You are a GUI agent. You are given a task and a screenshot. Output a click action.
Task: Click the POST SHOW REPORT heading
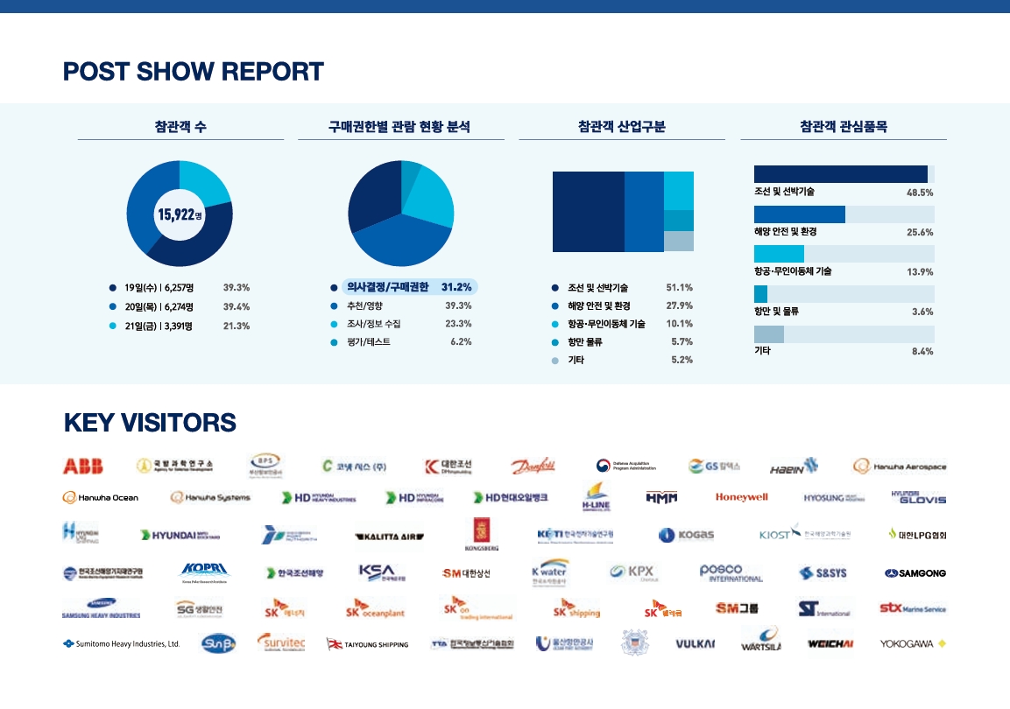click(x=194, y=71)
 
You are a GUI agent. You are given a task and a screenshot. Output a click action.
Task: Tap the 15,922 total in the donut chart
click(x=179, y=214)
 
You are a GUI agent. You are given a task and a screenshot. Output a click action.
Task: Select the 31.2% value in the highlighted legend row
click(x=456, y=286)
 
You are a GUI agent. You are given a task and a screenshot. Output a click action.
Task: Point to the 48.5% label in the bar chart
click(x=920, y=193)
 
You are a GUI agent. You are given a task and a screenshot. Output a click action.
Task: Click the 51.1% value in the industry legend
click(x=680, y=287)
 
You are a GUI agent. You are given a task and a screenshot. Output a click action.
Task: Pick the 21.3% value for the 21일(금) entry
click(x=237, y=326)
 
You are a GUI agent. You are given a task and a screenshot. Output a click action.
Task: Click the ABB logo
click(x=83, y=466)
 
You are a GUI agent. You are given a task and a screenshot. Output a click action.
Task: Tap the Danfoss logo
click(x=533, y=466)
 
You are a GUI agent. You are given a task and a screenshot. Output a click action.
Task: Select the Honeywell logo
click(x=741, y=497)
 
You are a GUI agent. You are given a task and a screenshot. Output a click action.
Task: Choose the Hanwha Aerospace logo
click(x=900, y=467)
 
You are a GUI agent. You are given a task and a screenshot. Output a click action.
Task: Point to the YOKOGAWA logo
click(x=913, y=643)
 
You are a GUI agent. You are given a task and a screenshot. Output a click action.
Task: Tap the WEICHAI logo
click(x=830, y=643)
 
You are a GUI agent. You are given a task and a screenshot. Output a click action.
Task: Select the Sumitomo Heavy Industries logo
click(x=121, y=643)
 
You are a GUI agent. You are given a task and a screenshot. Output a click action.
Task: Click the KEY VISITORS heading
click(x=150, y=423)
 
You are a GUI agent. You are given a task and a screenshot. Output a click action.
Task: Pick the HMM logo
click(x=661, y=497)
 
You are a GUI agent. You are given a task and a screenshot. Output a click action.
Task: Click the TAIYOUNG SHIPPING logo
click(x=368, y=644)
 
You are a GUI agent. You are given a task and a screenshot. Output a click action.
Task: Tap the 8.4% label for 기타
click(x=920, y=351)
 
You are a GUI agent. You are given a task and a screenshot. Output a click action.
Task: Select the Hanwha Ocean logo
click(x=101, y=497)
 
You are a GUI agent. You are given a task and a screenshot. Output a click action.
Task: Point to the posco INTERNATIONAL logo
click(x=731, y=573)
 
